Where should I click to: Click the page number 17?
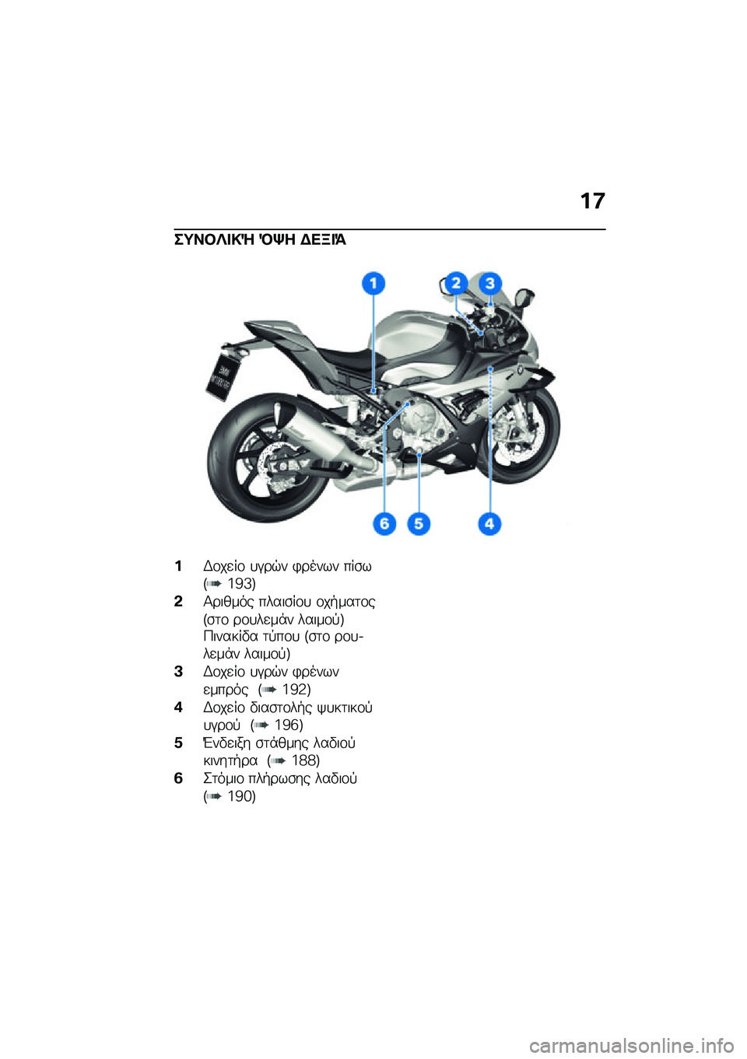point(592,201)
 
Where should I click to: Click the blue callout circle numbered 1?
point(373,283)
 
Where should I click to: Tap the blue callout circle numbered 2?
point(456,283)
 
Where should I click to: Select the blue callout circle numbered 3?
point(489,283)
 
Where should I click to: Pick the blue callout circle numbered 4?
point(489,523)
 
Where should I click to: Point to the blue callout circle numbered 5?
point(419,523)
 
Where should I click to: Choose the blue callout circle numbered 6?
point(384,523)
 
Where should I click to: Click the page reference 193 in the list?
point(240,584)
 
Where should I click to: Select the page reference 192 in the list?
point(296,690)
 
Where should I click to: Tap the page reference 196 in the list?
point(288,725)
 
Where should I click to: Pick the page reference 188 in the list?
point(305,760)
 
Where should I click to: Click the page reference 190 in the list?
point(240,796)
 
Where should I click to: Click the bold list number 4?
point(178,708)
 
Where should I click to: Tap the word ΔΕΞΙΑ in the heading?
point(323,239)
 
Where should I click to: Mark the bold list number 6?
point(178,778)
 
